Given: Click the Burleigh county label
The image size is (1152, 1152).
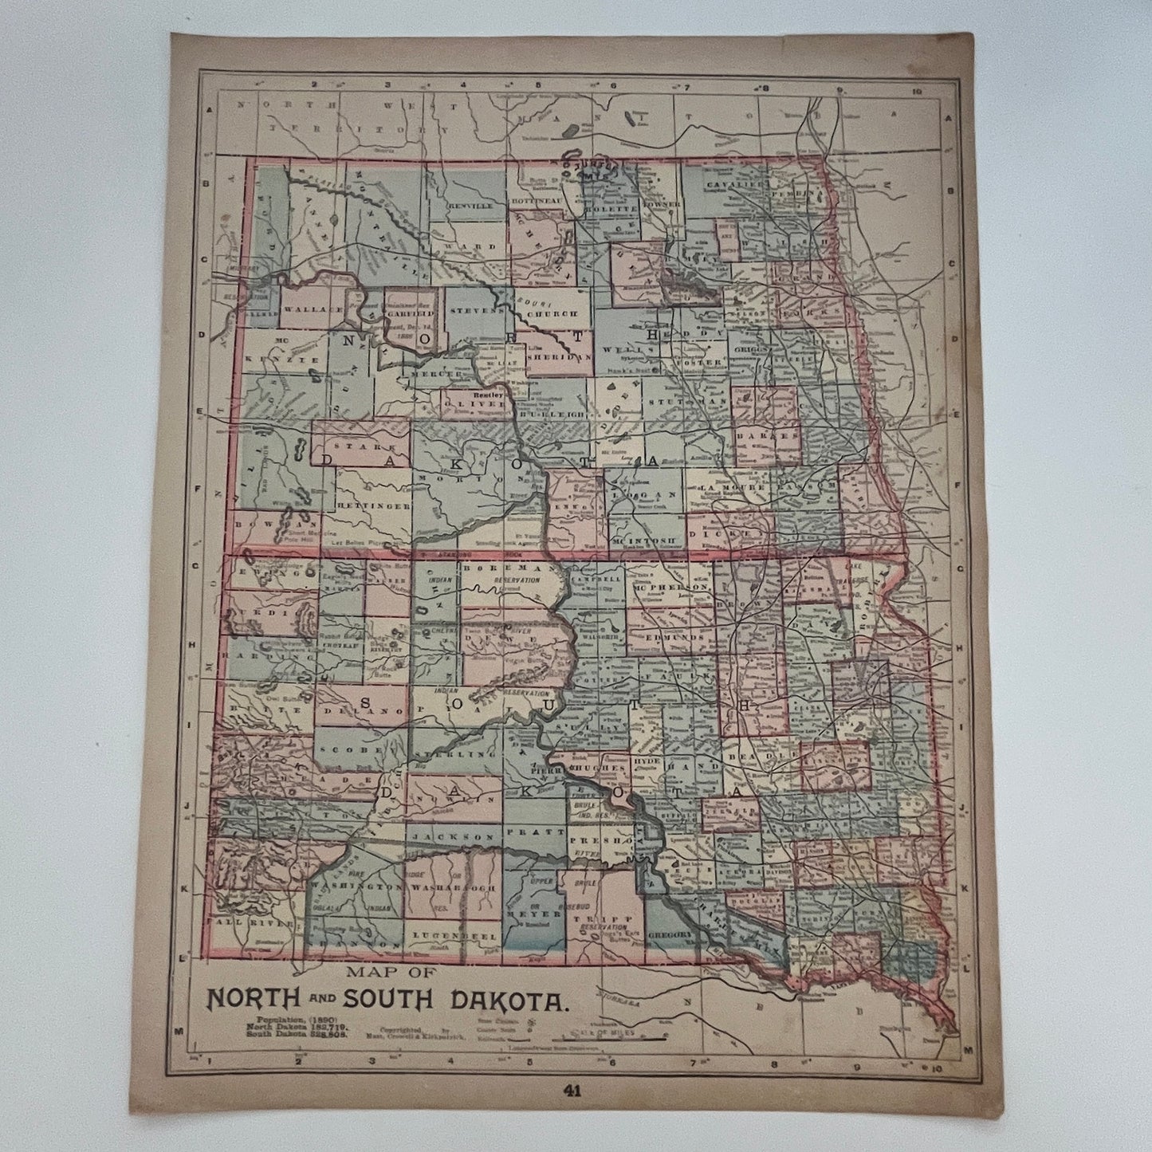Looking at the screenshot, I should (x=552, y=415).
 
